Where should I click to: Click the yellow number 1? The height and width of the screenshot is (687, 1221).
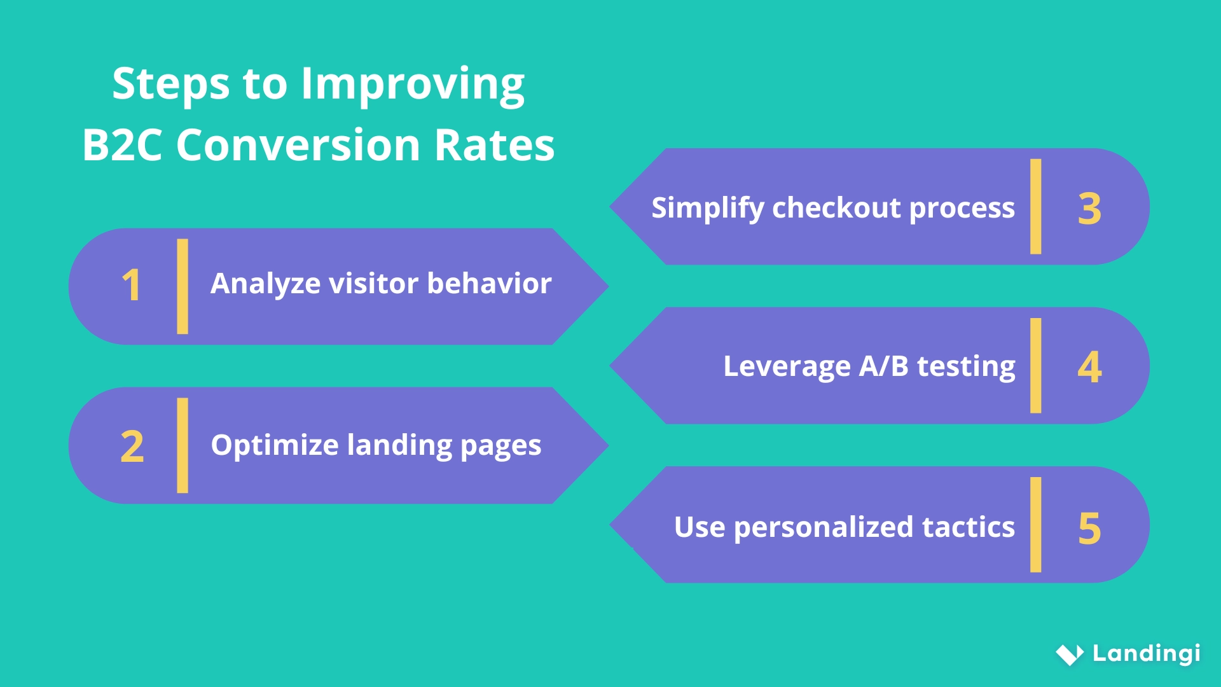131,285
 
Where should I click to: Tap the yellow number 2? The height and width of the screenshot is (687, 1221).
132,446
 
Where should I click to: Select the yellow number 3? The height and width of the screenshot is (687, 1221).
1089,209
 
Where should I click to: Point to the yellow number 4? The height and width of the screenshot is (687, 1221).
1089,367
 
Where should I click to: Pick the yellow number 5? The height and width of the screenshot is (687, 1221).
1089,528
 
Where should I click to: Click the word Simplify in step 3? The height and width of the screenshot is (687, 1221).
707,209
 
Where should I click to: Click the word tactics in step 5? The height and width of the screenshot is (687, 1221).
968,527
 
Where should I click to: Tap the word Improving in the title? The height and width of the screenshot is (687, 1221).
413,85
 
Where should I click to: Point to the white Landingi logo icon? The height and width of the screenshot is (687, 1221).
1069,654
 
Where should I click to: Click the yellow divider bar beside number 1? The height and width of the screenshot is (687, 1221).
183,286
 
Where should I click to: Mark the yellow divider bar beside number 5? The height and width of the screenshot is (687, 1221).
1035,525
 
